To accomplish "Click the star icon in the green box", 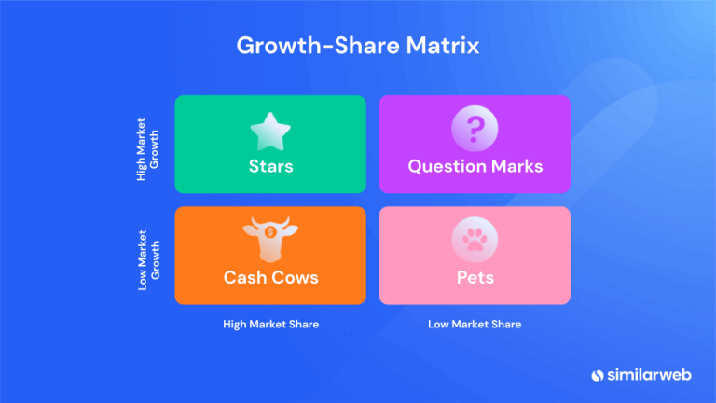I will click(270, 131).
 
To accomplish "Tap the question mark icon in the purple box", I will click(475, 130).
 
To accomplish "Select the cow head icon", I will click(270, 240).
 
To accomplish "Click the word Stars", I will click(270, 167).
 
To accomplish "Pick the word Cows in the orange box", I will click(296, 277).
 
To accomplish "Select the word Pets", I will click(475, 277).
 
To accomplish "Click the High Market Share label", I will click(270, 325).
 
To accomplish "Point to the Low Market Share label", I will click(475, 325).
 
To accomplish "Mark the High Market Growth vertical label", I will click(147, 145).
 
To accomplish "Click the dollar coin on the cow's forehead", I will click(270, 231).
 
